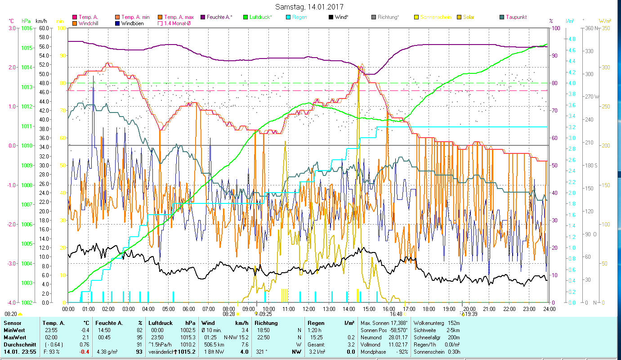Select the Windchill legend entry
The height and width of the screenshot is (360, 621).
88,23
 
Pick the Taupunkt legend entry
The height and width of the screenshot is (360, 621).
516,17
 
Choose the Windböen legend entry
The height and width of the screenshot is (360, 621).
132,23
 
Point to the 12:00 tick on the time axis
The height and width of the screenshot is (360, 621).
308,309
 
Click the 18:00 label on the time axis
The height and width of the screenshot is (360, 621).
429,309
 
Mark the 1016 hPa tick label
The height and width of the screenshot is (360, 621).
27,28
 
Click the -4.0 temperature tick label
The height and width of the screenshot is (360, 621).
11,302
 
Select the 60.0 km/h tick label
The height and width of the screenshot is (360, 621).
44,28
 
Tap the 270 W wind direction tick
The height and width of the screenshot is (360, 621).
591,97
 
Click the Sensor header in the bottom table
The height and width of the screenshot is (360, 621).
12,323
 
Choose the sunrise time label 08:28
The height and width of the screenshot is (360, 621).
229,314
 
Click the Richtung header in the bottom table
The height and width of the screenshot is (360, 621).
266,323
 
